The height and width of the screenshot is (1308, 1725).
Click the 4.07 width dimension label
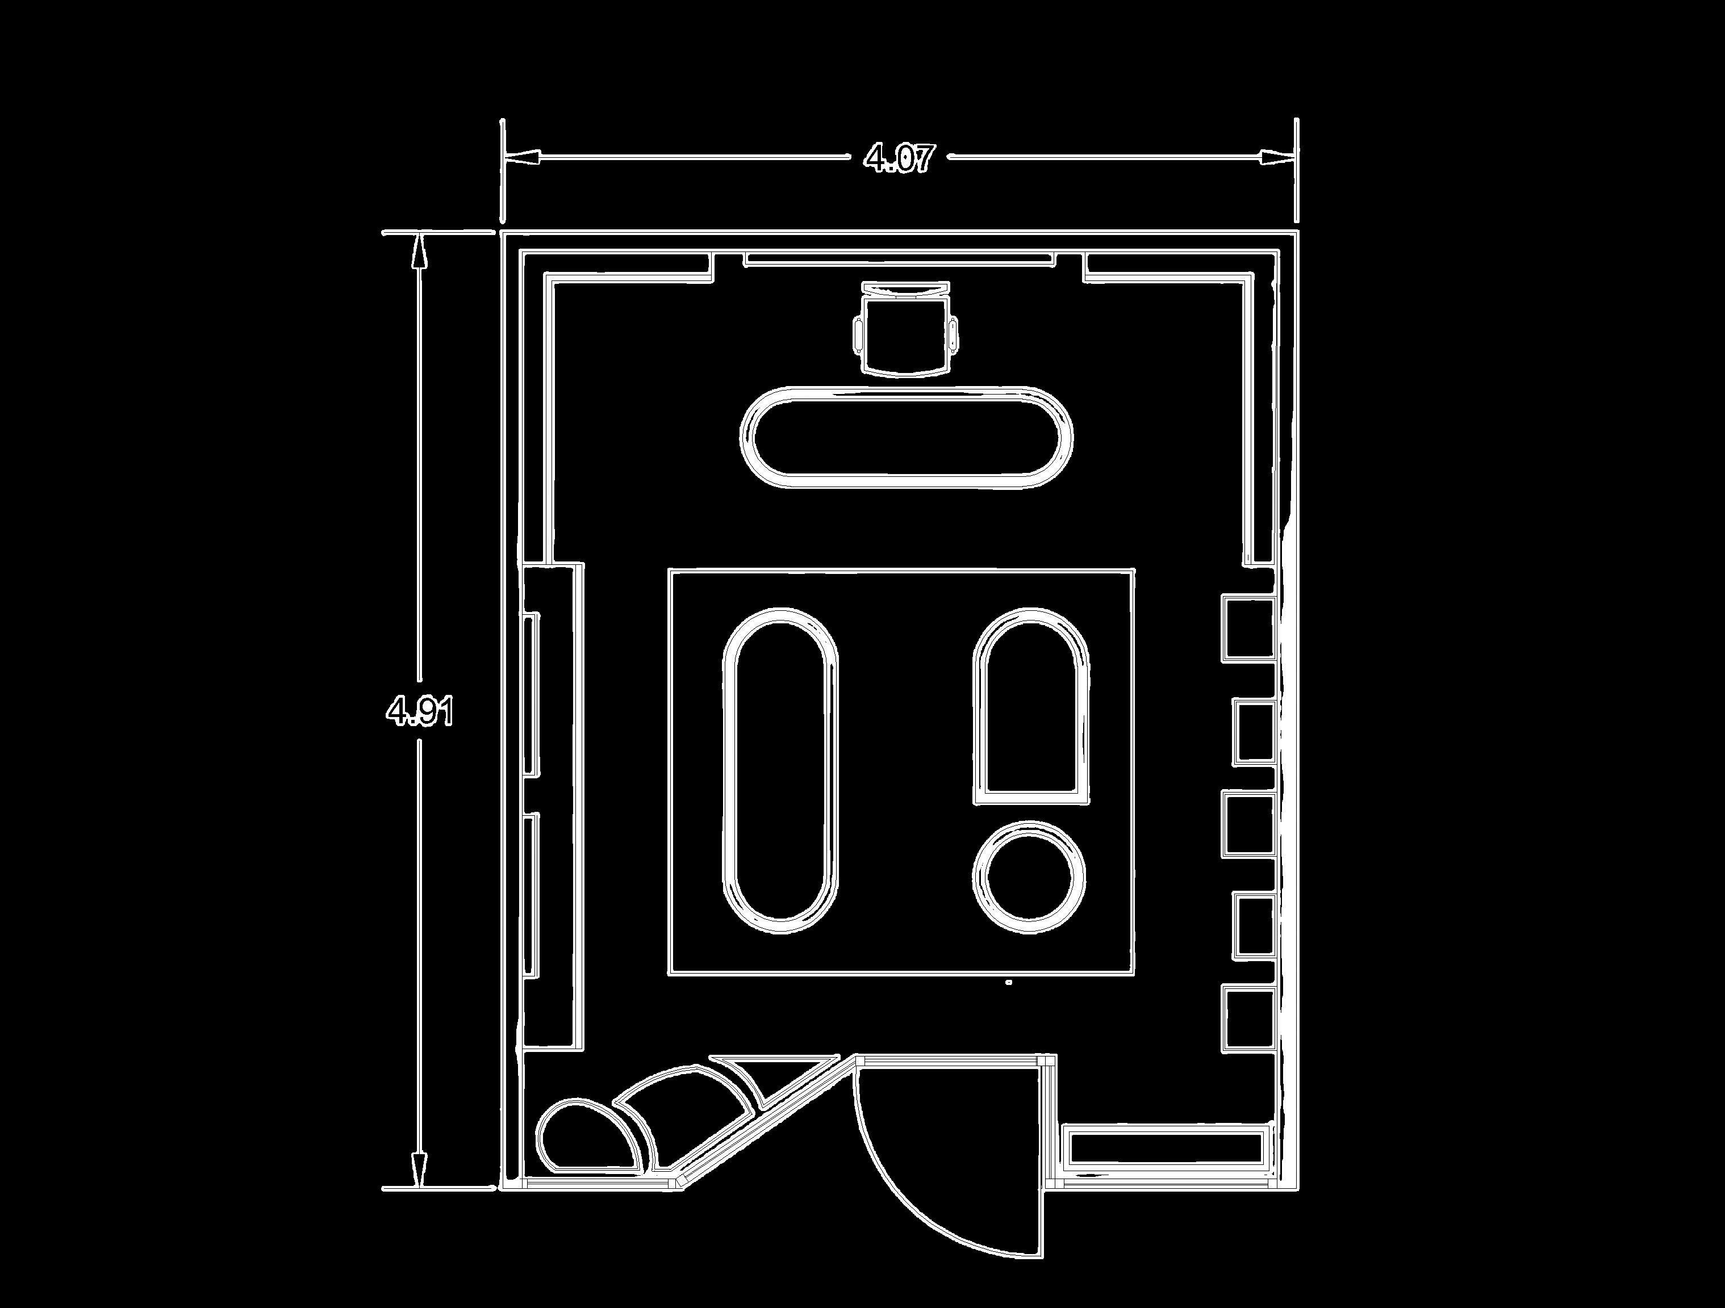[899, 158]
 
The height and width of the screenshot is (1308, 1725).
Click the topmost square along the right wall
[1248, 629]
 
